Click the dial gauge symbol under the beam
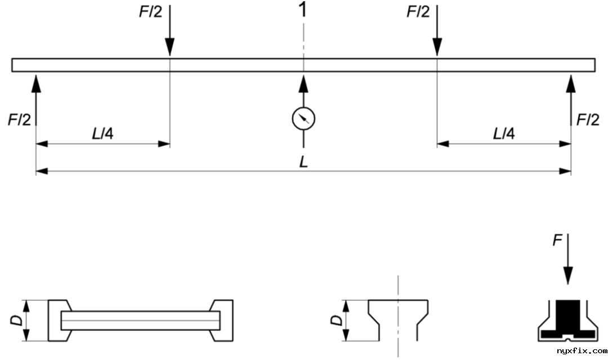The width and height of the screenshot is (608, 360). coord(303,118)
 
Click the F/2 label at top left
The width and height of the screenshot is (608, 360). coord(150,12)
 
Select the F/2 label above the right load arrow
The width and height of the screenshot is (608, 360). coord(418,12)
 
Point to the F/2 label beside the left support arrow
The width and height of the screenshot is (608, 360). coord(20,119)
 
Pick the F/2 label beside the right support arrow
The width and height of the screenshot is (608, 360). coord(588,119)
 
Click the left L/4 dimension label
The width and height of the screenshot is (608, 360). coord(102,134)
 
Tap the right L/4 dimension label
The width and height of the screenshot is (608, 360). coord(504,134)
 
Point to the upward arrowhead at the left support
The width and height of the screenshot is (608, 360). coord(36,83)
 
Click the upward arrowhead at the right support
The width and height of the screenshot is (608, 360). coord(571,83)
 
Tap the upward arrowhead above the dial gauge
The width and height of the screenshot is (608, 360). coord(303,83)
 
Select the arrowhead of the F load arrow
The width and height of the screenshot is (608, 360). coord(568,276)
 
